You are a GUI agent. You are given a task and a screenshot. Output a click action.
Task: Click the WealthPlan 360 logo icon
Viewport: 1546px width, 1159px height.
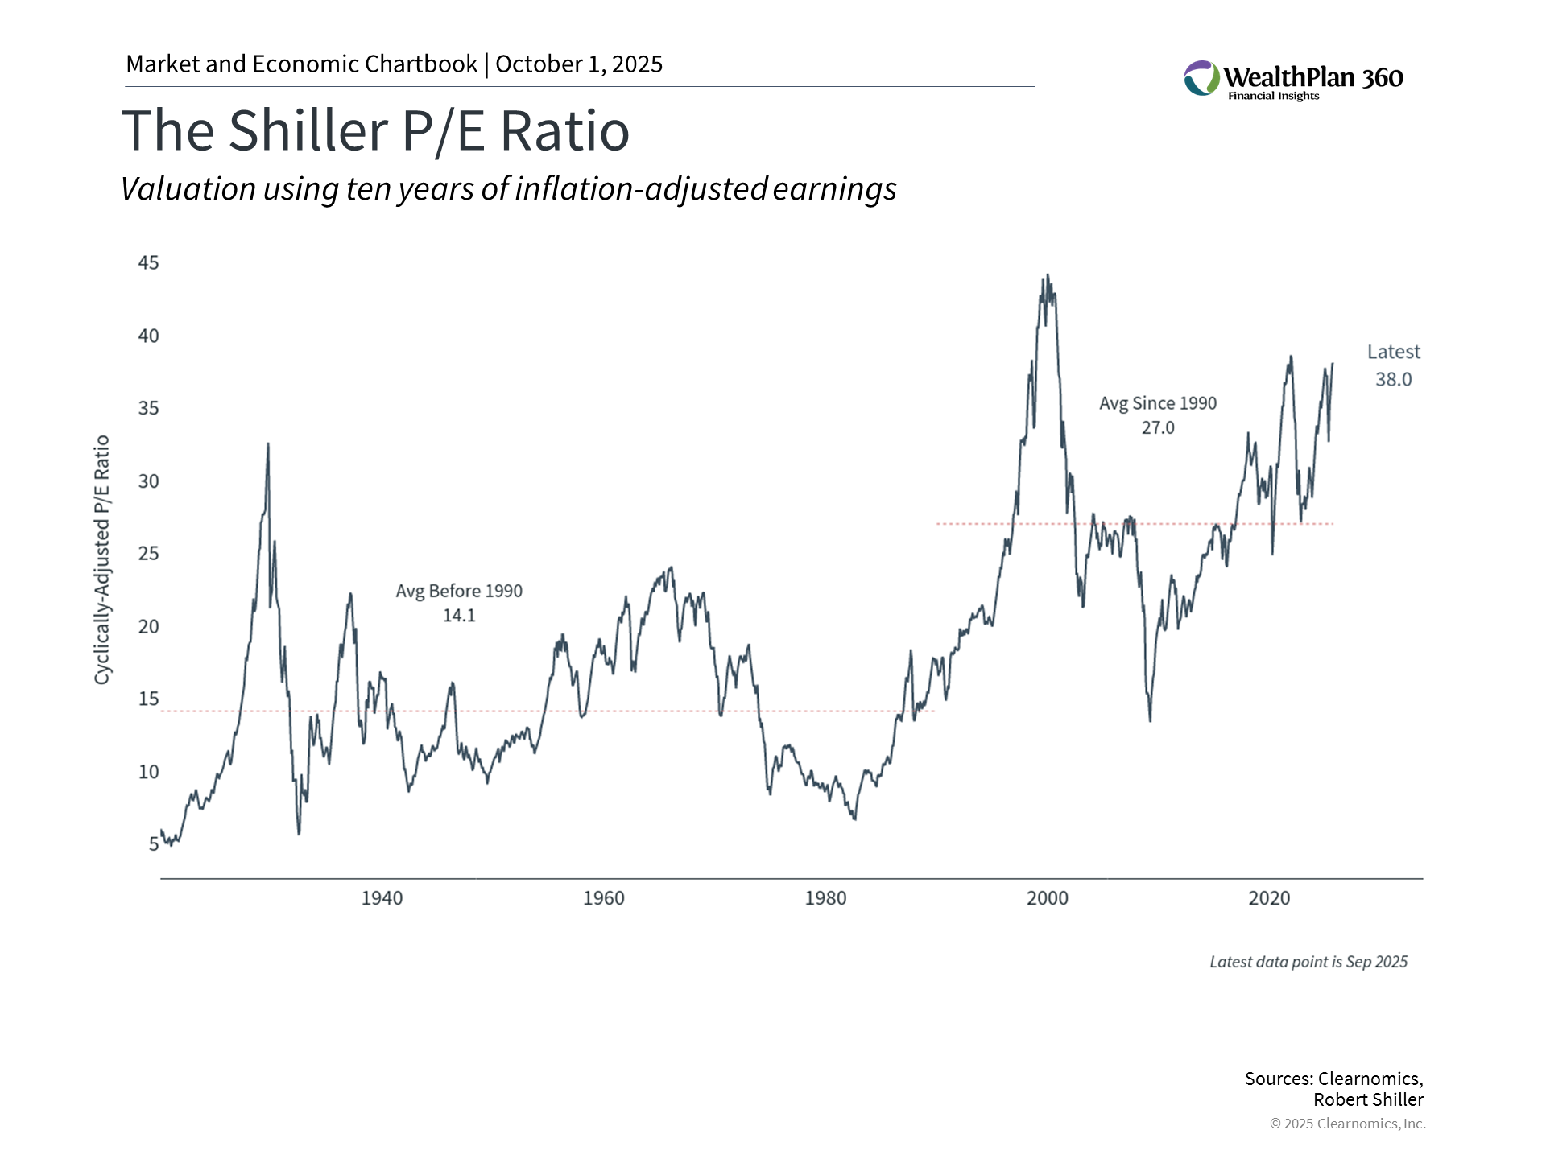point(1201,78)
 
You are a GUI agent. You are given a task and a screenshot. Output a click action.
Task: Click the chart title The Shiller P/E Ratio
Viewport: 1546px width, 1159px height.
point(375,130)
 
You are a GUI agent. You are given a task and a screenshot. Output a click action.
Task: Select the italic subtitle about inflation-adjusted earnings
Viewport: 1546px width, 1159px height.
point(508,189)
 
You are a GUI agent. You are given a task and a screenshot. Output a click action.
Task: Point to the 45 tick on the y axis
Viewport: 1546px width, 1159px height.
point(149,263)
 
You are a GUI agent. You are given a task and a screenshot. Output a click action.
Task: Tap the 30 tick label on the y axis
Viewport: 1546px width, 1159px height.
point(149,481)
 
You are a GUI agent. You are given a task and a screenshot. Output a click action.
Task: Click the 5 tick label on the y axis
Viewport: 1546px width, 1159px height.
point(154,844)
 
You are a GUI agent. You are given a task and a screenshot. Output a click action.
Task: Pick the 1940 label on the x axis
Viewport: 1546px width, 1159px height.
point(382,898)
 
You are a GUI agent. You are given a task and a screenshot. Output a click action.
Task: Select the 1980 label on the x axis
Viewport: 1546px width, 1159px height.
point(825,898)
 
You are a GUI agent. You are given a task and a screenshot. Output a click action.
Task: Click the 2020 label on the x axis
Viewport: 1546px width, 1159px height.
point(1269,898)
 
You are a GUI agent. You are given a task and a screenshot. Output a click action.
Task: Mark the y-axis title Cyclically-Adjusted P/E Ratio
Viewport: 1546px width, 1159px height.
point(102,560)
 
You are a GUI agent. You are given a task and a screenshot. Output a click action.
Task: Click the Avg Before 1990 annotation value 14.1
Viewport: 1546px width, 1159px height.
point(459,616)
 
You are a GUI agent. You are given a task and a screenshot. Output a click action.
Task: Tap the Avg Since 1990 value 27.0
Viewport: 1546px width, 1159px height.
point(1158,428)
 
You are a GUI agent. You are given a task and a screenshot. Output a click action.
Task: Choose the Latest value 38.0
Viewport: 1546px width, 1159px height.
point(1393,380)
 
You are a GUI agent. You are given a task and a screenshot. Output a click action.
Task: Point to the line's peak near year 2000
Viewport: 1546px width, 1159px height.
point(1047,275)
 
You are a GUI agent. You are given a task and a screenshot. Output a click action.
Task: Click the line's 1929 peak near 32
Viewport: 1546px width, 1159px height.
point(268,443)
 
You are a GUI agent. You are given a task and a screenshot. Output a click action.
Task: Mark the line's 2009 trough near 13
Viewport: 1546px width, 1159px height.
point(1150,720)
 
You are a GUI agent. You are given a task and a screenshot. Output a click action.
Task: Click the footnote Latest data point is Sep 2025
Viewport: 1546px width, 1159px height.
point(1308,962)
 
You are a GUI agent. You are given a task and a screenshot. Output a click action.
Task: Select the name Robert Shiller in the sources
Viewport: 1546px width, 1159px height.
point(1368,1100)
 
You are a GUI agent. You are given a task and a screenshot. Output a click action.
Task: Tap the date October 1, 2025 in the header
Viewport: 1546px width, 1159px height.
point(579,64)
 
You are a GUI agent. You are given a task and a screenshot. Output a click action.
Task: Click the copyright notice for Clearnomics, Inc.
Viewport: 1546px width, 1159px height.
point(1347,1124)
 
